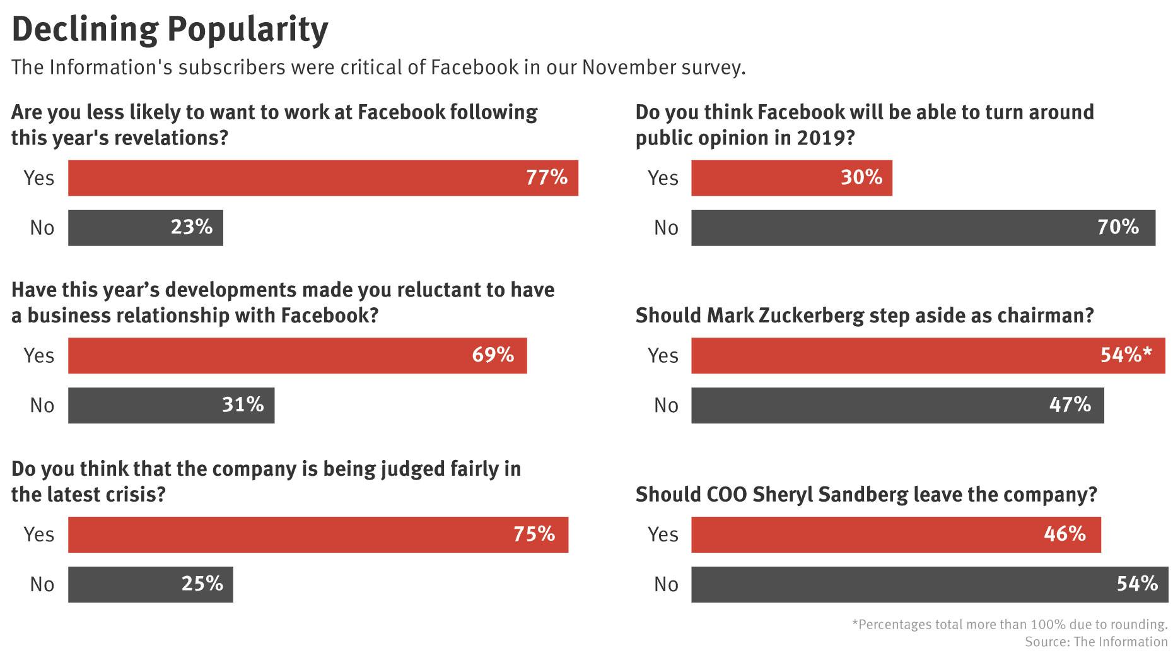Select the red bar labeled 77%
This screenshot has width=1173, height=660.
tap(323, 178)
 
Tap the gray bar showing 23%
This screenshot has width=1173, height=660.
tap(145, 228)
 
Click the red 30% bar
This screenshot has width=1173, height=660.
tap(791, 178)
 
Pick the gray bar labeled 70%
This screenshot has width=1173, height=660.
tap(923, 228)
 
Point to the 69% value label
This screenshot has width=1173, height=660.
tap(493, 355)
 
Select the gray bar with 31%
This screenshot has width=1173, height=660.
tap(171, 405)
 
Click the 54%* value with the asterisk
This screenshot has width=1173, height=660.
tap(1126, 355)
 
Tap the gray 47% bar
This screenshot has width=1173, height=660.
tap(897, 405)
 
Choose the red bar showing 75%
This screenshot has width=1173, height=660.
tap(318, 534)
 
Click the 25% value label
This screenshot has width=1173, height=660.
tap(202, 584)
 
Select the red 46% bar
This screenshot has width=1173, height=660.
tap(896, 534)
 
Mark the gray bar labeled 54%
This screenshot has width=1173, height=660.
tap(929, 584)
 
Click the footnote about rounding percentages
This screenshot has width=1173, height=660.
tap(1009, 625)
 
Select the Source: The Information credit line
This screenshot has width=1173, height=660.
tap(1095, 642)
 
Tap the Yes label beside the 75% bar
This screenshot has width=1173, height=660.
tap(38, 534)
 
